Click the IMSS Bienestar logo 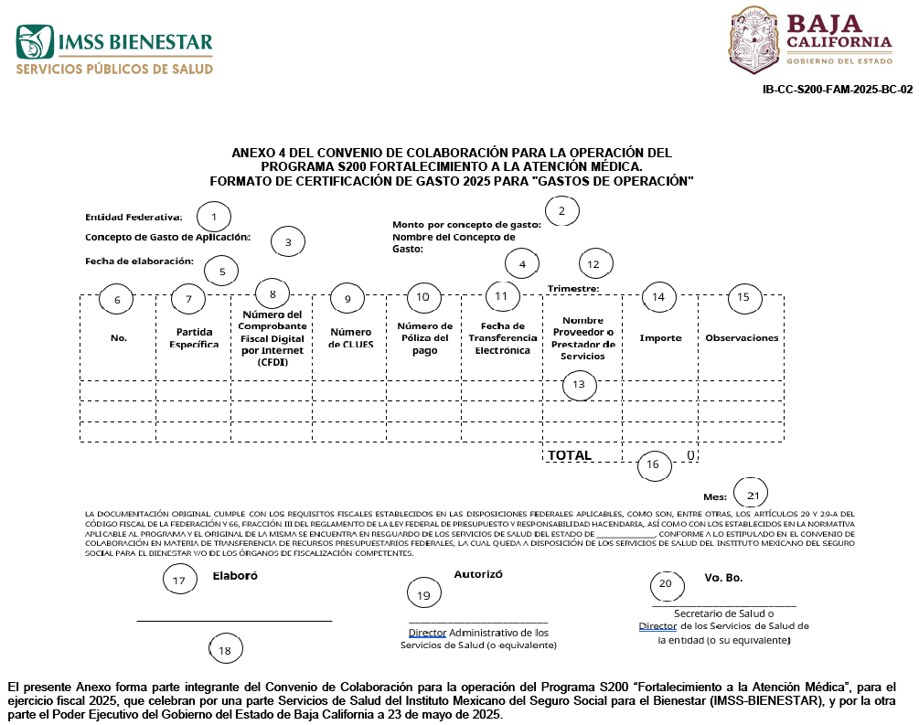tap(113, 50)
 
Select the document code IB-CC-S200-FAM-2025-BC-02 tap(837, 90)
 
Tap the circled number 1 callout tap(214, 217)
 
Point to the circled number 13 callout tap(579, 385)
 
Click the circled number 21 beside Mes tap(753, 496)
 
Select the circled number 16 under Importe tap(653, 464)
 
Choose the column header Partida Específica tap(194, 338)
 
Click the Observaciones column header tap(742, 337)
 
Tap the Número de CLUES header tap(350, 338)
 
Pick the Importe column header tap(660, 337)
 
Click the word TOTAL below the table tap(570, 455)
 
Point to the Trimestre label tap(573, 289)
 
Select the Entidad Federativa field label tap(134, 218)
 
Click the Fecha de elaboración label tap(139, 261)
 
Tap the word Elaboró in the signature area tap(235, 576)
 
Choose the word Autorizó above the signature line tap(478, 574)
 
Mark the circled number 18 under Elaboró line tap(225, 649)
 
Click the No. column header tap(119, 337)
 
